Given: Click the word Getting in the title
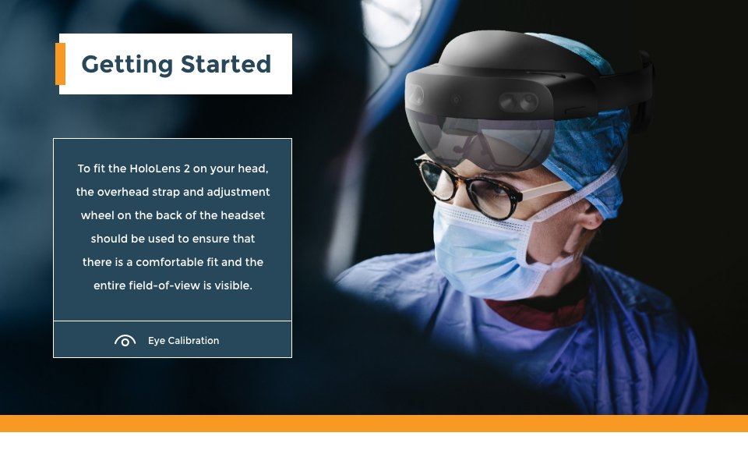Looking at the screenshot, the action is (127, 65).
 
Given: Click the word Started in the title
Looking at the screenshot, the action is (226, 64).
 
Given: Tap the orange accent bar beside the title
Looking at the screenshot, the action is (60, 64).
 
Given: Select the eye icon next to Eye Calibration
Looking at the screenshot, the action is (125, 341).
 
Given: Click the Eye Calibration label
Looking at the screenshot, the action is (184, 341).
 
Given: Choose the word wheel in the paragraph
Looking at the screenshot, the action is (97, 215).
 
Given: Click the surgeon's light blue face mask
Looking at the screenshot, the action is (482, 248).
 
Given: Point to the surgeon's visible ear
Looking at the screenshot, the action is (591, 215).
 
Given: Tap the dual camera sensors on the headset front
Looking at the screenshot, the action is (519, 101).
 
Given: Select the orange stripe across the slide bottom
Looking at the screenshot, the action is (374, 424).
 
